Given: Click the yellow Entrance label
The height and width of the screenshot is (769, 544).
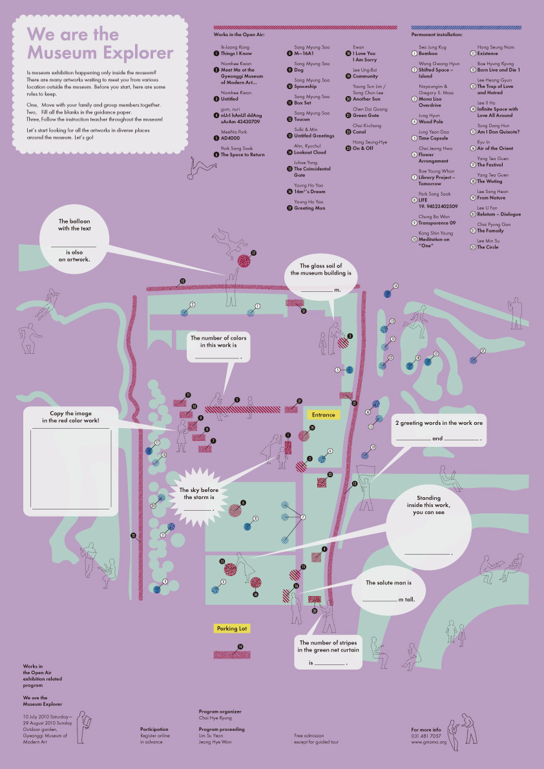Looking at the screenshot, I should point(324,415).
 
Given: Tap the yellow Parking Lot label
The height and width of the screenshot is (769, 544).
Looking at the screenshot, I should point(232,628).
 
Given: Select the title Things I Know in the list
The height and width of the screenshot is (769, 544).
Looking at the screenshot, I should point(236,54).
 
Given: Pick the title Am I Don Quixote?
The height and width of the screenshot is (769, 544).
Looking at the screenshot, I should point(498,132).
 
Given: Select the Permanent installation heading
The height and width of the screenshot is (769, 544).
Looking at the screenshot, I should point(437,34).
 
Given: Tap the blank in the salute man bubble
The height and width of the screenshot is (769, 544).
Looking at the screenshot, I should point(379,599).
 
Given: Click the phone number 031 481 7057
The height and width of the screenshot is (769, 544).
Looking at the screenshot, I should point(426,735).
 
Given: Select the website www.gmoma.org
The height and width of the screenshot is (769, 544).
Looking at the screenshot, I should point(428,742).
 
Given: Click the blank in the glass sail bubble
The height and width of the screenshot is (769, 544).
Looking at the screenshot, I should point(317,290).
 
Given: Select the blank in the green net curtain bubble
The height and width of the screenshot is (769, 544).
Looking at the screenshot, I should point(330,662).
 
